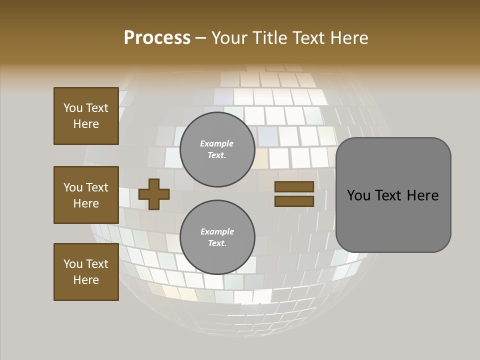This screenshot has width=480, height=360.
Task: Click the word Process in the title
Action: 157,38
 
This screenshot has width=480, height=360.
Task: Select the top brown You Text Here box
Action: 86,116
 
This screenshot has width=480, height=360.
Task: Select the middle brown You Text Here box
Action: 86,195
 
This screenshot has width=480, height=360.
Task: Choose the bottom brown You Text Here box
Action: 86,272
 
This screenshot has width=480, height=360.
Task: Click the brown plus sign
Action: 154,194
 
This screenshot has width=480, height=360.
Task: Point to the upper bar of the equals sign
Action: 294,186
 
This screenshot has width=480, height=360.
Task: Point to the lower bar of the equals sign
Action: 294,201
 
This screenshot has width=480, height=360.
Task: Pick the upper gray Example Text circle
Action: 217,149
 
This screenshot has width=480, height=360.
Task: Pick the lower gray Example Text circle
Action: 217,237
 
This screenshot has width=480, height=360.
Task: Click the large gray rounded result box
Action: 393,195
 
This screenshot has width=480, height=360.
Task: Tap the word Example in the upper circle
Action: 217,143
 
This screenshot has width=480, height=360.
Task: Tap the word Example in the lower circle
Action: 217,231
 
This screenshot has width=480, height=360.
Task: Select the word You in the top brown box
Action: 72,108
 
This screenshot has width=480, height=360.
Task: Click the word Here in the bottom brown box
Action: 86,280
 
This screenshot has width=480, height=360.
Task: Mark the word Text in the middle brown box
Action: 96,187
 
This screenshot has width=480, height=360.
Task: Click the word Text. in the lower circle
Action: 217,243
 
